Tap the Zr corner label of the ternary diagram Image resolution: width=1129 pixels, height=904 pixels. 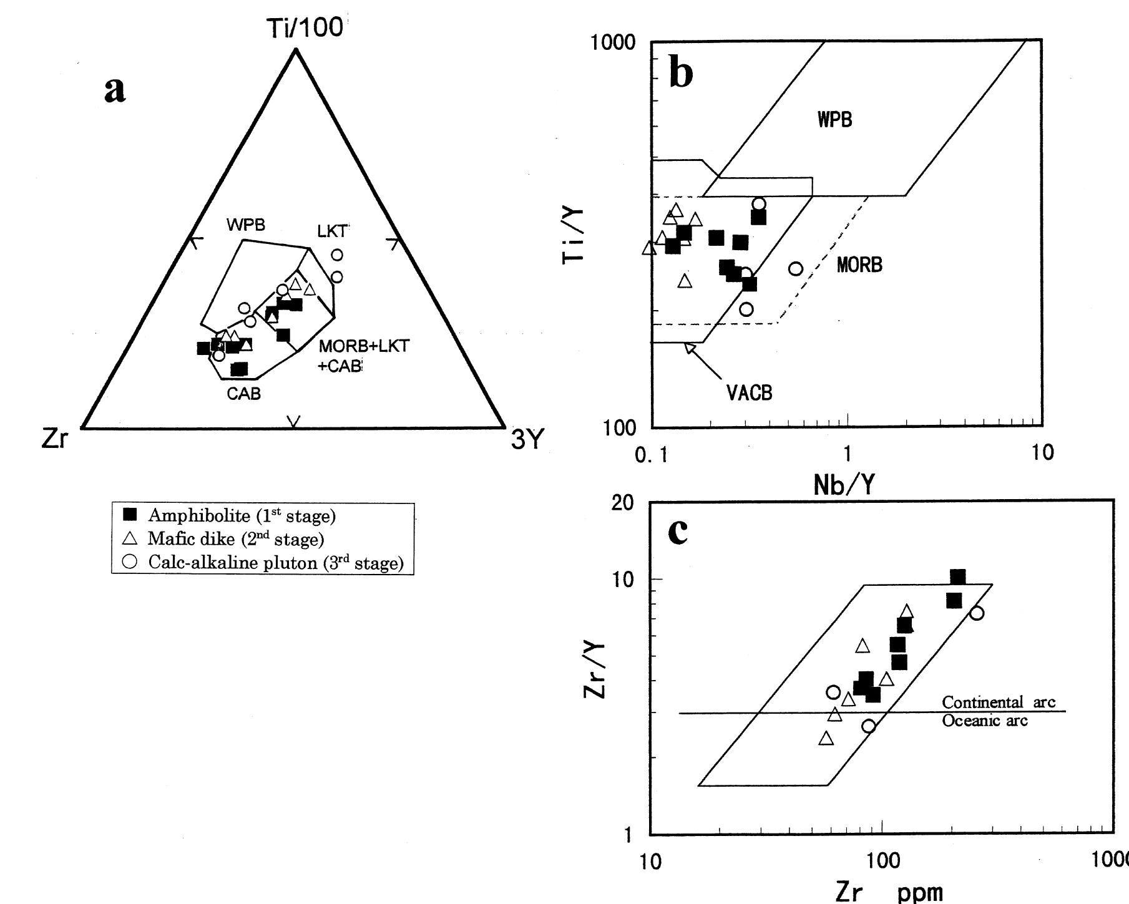pos(54,440)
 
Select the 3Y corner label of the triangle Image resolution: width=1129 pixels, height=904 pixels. pos(527,440)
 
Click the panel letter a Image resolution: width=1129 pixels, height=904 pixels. pos(115,89)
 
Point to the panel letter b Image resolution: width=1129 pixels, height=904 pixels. pos(680,73)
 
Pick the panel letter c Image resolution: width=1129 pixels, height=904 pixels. pos(678,530)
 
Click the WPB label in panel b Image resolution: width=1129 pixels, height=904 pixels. pos(834,120)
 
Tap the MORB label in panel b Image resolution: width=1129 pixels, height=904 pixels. pos(859,265)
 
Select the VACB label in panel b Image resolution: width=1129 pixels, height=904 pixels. pos(749,393)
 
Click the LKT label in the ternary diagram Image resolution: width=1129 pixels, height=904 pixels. pos(331,231)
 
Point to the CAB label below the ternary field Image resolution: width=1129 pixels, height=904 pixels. pos(243,394)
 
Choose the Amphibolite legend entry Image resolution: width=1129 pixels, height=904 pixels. pos(242,515)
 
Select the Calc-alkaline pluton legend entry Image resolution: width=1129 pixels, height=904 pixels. pos(275,562)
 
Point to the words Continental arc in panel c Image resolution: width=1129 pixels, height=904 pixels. pos(998,702)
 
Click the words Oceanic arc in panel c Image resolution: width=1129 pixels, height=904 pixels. pos(984,721)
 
